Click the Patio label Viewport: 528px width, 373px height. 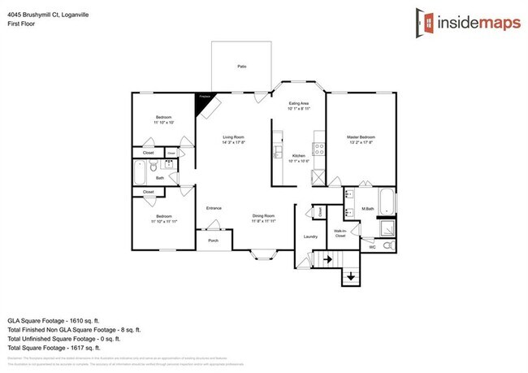point(241,66)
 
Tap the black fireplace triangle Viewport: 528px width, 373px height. point(203,102)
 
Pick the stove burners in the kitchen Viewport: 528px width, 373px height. point(319,149)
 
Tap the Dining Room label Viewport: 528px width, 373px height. point(264,218)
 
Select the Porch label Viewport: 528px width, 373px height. point(213,241)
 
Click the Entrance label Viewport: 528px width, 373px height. point(214,208)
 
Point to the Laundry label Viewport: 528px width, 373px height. point(309,236)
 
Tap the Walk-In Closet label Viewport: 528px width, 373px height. point(341,233)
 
